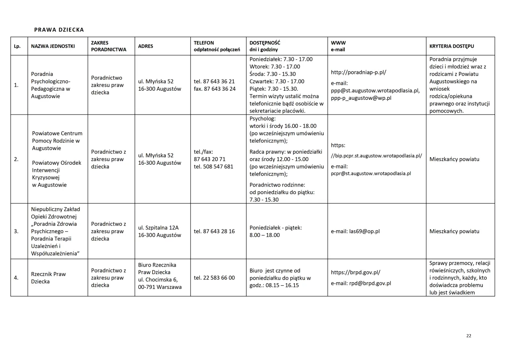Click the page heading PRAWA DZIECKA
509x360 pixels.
pyautogui.click(x=59, y=30)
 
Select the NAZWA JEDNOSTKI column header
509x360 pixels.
pyautogui.click(x=53, y=46)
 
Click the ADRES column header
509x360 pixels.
pyautogui.click(x=146, y=46)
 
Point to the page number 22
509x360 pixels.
pyautogui.click(x=468, y=336)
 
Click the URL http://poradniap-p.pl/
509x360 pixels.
pyautogui.click(x=358, y=72)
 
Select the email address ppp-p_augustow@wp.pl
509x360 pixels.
pyautogui.click(x=361, y=98)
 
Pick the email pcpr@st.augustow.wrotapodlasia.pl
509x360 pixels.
pyautogui.click(x=371, y=173)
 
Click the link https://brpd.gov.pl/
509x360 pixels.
pyautogui.click(x=356, y=272)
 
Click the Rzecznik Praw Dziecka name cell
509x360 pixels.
pyautogui.click(x=49, y=278)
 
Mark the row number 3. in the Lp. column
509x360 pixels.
pyautogui.click(x=16, y=231)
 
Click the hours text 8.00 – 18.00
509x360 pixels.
pyautogui.click(x=264, y=235)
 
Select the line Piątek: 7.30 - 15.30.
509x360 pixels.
pyautogui.click(x=274, y=89)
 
